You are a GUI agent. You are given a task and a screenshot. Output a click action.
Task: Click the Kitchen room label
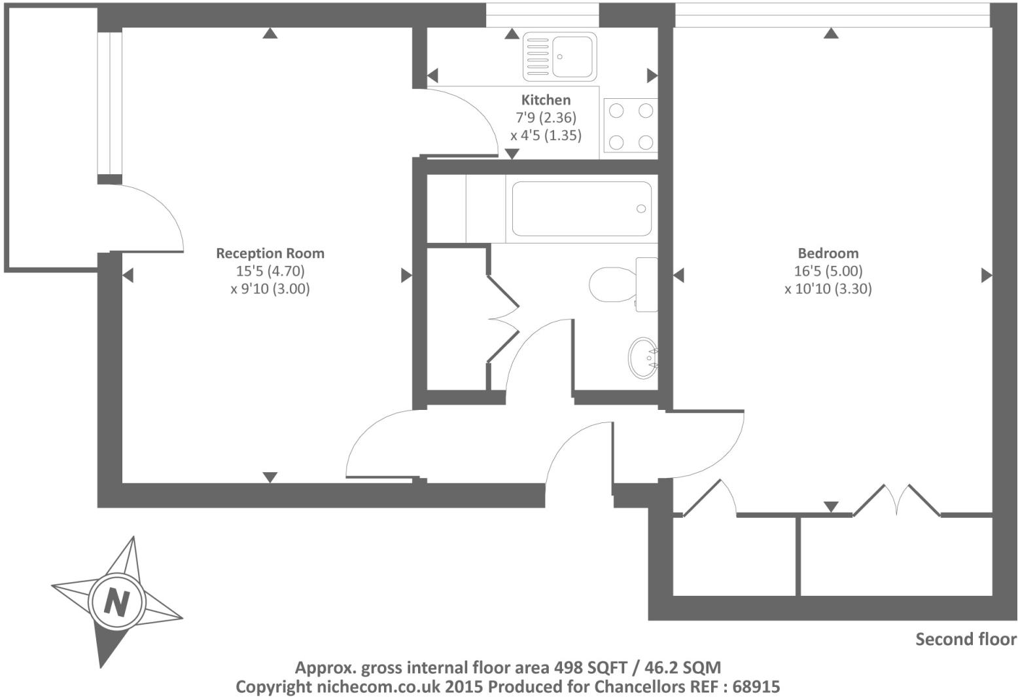pos(546,100)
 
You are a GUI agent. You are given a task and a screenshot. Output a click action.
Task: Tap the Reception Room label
pos(270,253)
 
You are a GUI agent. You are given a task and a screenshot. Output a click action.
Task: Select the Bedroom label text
pos(828,253)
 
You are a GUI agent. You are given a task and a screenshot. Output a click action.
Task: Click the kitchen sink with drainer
pos(559,57)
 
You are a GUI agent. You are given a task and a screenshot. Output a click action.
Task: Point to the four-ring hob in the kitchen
pos(631,126)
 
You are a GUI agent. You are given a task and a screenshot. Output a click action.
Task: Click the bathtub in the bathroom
pos(582,209)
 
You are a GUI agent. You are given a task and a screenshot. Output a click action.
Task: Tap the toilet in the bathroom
pos(623,285)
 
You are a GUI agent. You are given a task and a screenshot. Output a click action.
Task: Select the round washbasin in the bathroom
pos(642,358)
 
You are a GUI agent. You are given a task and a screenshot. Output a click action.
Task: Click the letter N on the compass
pos(117,603)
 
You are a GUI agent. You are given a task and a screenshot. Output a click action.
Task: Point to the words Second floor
pos(966,639)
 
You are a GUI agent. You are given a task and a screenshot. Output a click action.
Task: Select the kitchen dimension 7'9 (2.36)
pos(546,118)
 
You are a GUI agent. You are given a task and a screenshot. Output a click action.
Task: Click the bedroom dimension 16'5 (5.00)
pos(828,271)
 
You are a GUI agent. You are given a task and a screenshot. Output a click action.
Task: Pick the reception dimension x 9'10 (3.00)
pos(270,289)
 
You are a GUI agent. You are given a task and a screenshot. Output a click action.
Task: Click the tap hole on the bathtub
pos(641,209)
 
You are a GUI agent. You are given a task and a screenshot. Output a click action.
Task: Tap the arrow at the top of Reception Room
pos(270,33)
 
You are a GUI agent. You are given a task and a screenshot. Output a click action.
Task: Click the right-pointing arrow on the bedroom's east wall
pos(987,275)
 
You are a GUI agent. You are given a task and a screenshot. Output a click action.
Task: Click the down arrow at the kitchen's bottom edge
pos(512,154)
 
